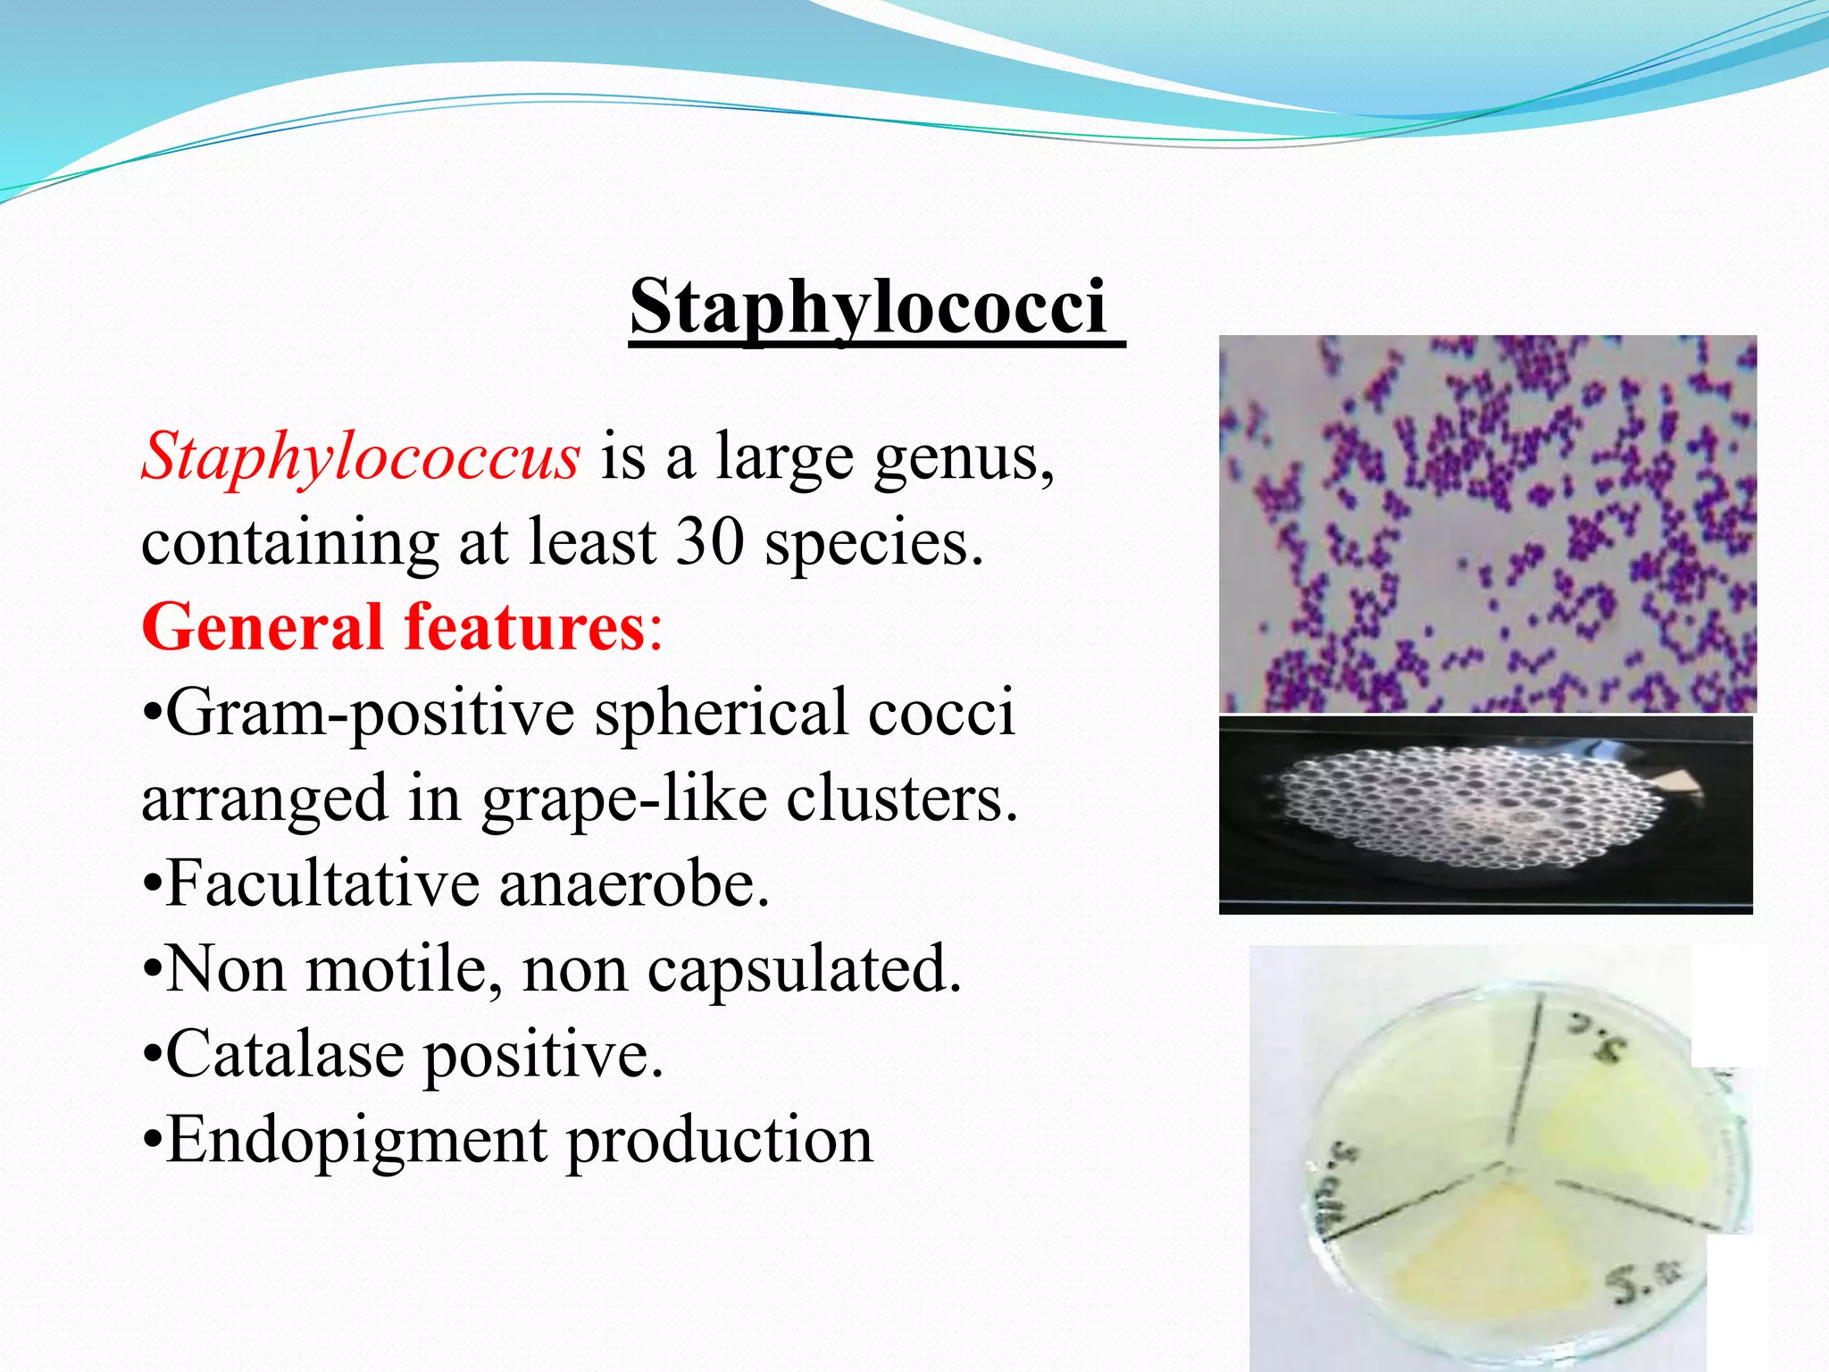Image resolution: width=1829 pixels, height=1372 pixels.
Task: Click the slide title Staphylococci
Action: click(868, 305)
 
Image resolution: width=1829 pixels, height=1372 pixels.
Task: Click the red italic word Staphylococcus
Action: click(361, 456)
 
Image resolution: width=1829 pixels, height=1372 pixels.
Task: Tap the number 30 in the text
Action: click(709, 541)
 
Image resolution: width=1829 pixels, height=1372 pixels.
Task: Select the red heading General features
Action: click(393, 627)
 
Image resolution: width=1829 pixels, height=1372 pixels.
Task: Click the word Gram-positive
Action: click(370, 714)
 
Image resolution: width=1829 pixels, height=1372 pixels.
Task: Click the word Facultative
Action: click(322, 883)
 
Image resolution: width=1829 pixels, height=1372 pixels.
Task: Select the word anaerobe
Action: click(633, 883)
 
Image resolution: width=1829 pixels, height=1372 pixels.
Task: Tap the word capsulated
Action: click(804, 968)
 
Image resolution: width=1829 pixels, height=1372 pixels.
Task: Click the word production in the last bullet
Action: click(720, 1141)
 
